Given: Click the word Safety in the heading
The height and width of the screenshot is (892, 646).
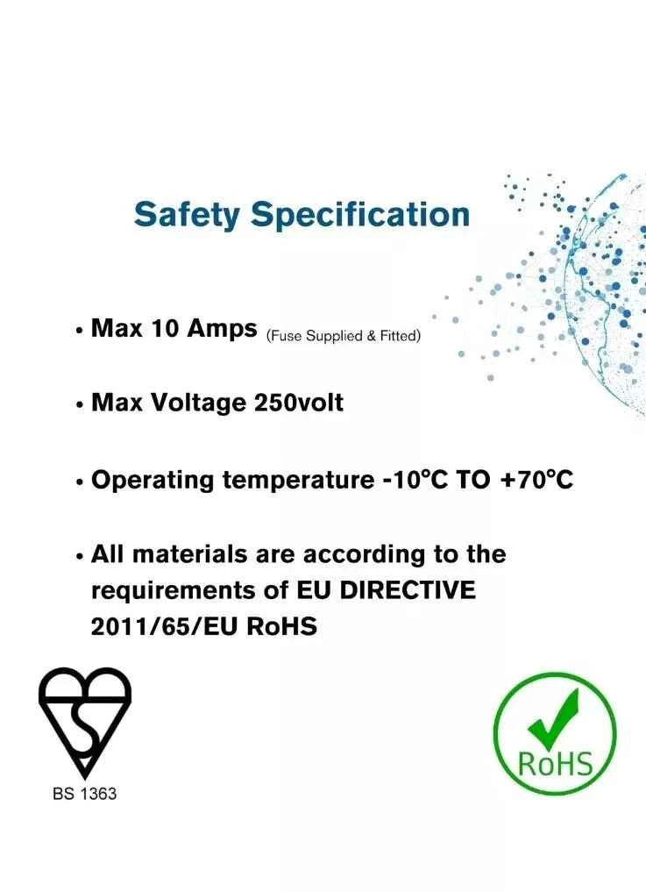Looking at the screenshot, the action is tap(187, 215).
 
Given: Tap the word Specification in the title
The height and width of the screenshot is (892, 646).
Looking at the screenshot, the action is tap(360, 215).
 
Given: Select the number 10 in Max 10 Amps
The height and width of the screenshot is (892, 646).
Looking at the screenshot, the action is tap(165, 328).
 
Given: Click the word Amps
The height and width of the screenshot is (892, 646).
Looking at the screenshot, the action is tap(223, 330).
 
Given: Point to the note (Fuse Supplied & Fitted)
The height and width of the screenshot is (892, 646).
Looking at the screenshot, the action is tap(344, 336).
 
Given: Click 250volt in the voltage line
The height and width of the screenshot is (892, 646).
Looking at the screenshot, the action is tap(299, 403).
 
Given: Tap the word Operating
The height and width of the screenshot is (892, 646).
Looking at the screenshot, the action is tap(153, 481).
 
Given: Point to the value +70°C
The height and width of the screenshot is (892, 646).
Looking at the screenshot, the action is tap(536, 480).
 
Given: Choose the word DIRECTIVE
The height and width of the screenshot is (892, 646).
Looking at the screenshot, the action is tap(408, 590).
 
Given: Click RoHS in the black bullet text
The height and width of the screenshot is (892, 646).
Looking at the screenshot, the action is tap(282, 627).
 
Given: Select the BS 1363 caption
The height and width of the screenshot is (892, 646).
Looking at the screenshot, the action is tap(85, 794).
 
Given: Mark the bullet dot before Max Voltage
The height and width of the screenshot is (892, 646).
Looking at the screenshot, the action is tap(79, 405).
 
